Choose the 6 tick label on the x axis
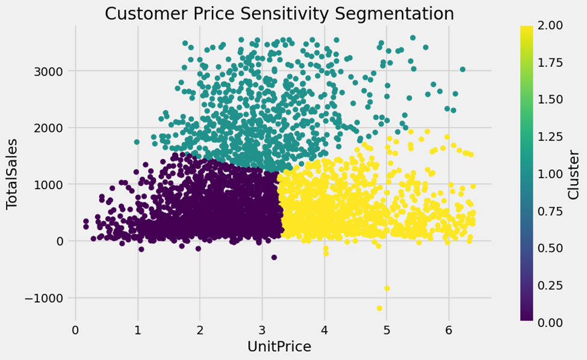click(449, 331)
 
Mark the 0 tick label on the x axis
click(75, 331)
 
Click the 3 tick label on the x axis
click(262, 331)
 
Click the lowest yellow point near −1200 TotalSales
click(380, 308)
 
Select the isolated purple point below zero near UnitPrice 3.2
click(274, 258)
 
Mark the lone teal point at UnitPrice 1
click(137, 142)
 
